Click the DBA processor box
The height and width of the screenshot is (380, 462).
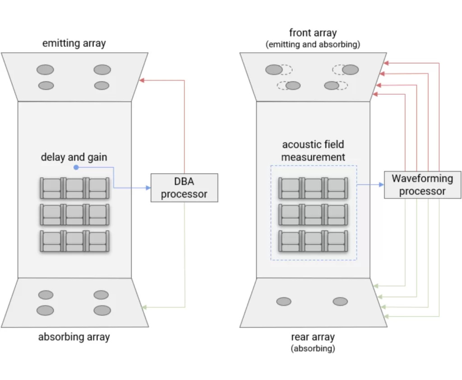(184, 188)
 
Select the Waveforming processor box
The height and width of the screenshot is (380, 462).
(422, 184)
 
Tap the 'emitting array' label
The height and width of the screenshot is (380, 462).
(74, 44)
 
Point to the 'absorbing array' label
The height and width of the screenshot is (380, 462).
(74, 336)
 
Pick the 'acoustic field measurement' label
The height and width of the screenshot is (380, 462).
(313, 151)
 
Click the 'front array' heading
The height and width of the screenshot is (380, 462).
(313, 33)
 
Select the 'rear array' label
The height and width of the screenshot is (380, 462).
(313, 337)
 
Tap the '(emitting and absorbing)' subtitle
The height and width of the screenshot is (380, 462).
(313, 44)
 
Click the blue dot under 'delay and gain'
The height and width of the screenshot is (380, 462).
(76, 168)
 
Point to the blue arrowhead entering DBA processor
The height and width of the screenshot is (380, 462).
(148, 188)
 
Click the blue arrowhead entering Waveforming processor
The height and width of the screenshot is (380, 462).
(381, 184)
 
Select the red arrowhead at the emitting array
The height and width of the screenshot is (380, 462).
(142, 80)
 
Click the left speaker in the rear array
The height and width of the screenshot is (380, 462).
(283, 301)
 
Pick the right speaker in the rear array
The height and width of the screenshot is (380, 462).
(340, 301)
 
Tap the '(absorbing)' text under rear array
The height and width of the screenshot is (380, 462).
(313, 348)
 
